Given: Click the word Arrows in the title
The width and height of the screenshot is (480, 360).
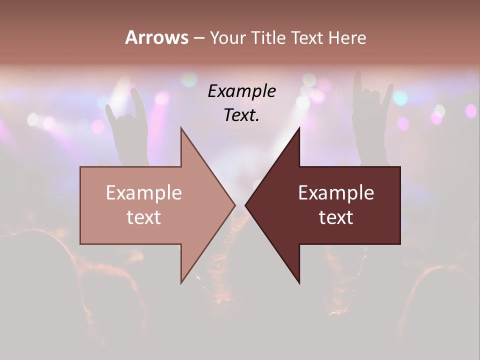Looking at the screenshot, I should pos(156,37).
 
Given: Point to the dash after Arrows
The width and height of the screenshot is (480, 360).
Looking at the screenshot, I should pos(198,38).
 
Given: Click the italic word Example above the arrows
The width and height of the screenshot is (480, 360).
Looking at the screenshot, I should pos(242,91).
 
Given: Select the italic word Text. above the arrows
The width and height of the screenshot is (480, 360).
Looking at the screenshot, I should pos(242,115).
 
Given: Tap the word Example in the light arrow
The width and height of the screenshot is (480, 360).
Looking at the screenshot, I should pos(144,192).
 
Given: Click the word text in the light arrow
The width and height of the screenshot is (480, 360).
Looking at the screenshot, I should pos(144,217).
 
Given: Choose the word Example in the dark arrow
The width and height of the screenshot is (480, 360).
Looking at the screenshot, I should pos(336,192).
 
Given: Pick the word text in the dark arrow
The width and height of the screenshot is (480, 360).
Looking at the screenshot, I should pos(336,217).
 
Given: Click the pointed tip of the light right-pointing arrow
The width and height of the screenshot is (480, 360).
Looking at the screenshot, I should pos(234,205).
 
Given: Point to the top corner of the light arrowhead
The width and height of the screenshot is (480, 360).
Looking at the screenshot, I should pos(181,128).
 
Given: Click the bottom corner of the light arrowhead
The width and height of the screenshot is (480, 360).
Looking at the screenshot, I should pos(181,282).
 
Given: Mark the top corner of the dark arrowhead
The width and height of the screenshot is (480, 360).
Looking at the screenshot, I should pos(299,128).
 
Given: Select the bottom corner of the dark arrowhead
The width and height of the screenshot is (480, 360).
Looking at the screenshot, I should pos(299,283).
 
